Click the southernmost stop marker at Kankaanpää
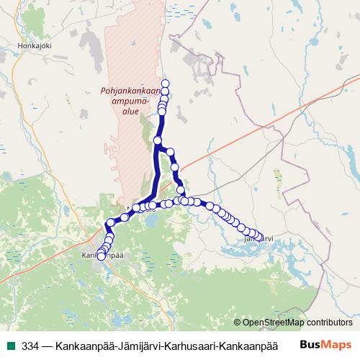(x=101, y=256)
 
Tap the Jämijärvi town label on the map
(x=259, y=238)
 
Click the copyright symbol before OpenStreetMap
(x=238, y=322)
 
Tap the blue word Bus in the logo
(x=310, y=344)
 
